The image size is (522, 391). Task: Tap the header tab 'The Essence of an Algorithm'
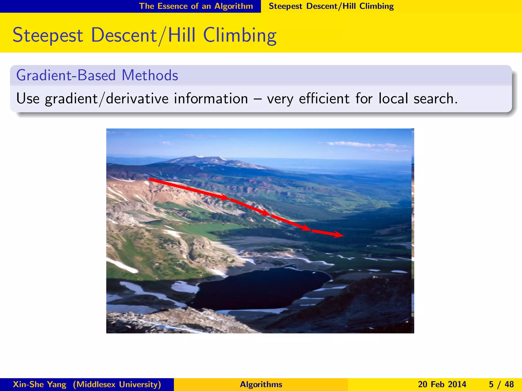point(196,6)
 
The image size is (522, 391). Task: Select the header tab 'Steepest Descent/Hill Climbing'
point(331,6)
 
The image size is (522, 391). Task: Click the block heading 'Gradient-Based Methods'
point(97,75)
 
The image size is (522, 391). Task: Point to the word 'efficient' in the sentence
point(324,99)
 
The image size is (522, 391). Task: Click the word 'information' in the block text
point(211,99)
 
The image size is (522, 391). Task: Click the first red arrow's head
point(226,198)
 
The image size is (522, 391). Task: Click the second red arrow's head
point(266,213)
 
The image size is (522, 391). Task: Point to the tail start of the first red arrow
point(150,179)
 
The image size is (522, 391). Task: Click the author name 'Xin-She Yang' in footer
point(40,384)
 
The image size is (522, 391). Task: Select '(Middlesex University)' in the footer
point(117,384)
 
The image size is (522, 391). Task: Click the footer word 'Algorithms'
point(261,384)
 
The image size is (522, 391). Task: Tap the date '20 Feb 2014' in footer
point(442,384)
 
